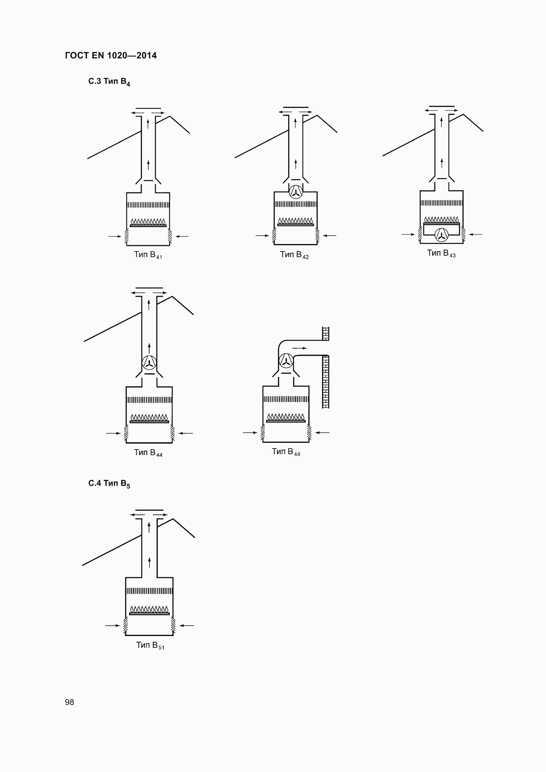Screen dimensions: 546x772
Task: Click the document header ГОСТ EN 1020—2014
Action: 111,55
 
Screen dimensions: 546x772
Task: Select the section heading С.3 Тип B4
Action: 109,82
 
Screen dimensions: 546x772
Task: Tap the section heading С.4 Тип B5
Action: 109,484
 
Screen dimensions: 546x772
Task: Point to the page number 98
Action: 70,702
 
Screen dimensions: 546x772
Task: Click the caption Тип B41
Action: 148,255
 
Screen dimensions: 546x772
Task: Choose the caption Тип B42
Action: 294,255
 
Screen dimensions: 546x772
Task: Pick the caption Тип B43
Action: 441,253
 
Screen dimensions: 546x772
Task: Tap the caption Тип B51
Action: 150,645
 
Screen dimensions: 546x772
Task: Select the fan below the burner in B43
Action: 441,235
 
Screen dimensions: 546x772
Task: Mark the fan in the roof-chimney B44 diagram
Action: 149,362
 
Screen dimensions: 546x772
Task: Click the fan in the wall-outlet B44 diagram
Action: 286,361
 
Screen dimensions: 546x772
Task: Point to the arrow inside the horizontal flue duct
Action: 299,348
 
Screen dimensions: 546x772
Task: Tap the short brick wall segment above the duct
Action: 325,334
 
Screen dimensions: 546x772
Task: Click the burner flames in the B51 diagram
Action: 149,609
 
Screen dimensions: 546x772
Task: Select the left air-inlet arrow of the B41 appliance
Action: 115,236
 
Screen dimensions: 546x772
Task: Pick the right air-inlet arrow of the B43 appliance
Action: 475,234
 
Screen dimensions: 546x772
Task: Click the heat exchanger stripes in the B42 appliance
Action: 296,204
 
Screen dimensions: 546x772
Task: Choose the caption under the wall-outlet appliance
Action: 286,452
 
